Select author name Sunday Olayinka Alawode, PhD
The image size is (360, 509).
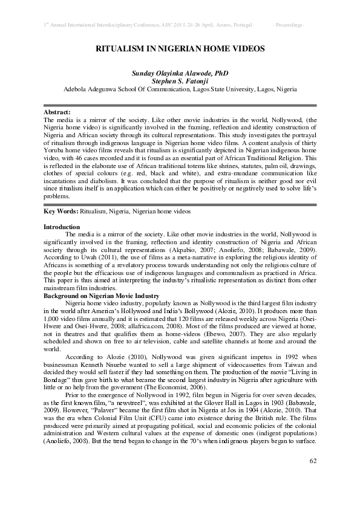point(180,73)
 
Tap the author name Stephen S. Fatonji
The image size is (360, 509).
point(180,80)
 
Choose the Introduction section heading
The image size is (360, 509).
point(62,227)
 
